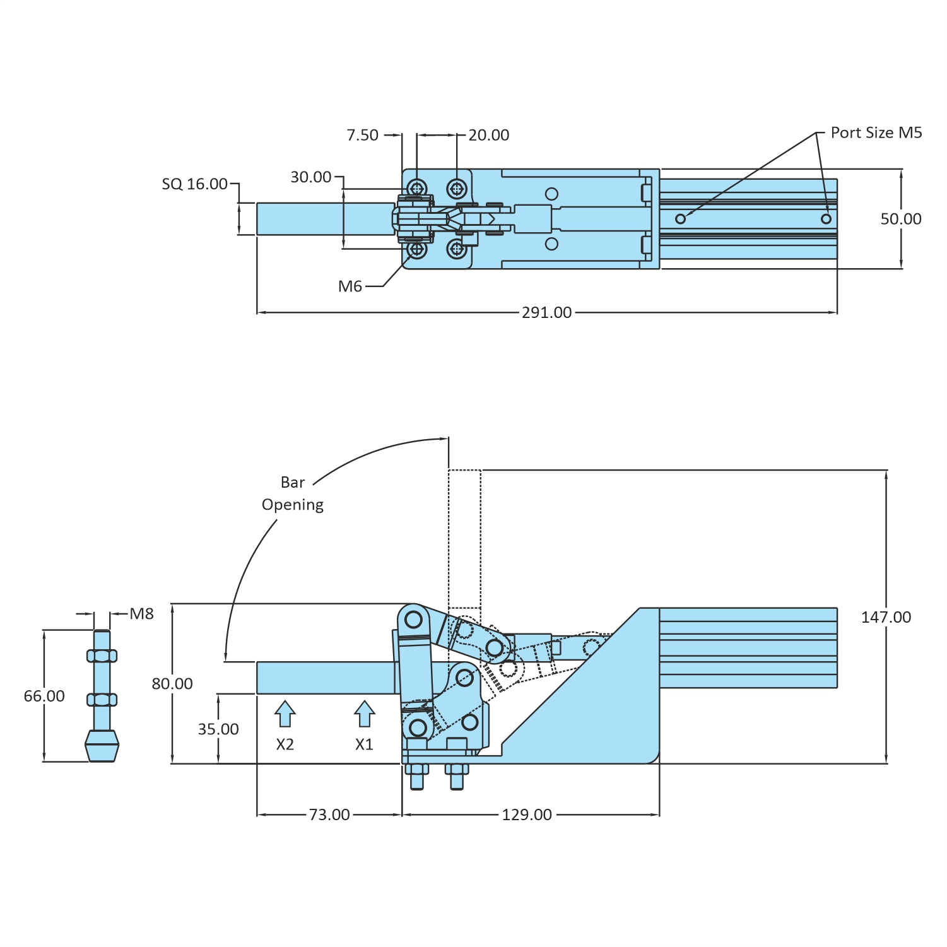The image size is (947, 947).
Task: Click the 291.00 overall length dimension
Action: (x=546, y=312)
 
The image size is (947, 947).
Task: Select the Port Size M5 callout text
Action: (x=876, y=132)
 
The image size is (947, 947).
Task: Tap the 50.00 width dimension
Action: (x=900, y=219)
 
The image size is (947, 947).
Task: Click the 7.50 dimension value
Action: (x=362, y=135)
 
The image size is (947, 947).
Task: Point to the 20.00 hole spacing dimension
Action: (x=488, y=135)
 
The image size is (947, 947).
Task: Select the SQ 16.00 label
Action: (x=194, y=184)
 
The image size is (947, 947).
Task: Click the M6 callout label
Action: (x=350, y=286)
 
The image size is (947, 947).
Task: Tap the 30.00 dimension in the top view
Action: (x=310, y=177)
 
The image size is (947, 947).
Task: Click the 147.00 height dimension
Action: (x=886, y=617)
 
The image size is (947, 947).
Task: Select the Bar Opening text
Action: (x=293, y=493)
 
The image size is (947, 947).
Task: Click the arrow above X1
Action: (x=364, y=714)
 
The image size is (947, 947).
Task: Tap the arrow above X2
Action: (x=285, y=714)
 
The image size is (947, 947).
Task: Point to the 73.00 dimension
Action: (x=329, y=815)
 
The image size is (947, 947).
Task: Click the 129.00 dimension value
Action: (x=527, y=815)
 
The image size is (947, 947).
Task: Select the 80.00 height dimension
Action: (x=172, y=683)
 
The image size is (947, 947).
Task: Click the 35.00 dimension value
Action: (x=218, y=729)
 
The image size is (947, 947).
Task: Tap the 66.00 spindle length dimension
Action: (x=44, y=696)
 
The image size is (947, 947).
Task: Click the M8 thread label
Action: (x=142, y=614)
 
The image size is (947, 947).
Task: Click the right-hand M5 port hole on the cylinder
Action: (x=826, y=219)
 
